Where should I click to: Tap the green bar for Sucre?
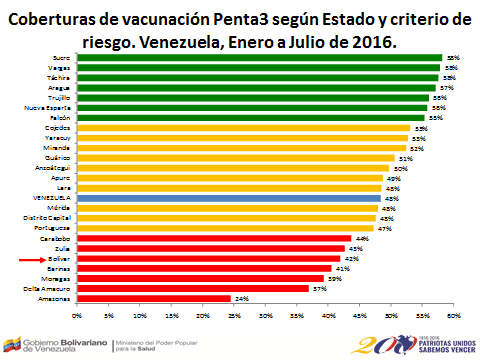pyautogui.click(x=258, y=58)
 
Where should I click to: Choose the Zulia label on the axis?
pyautogui.click(x=62, y=248)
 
